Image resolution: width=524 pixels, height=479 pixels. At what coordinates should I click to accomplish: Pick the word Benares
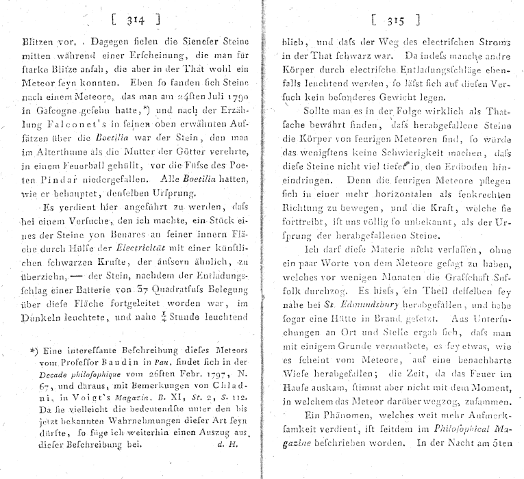[120, 221]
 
